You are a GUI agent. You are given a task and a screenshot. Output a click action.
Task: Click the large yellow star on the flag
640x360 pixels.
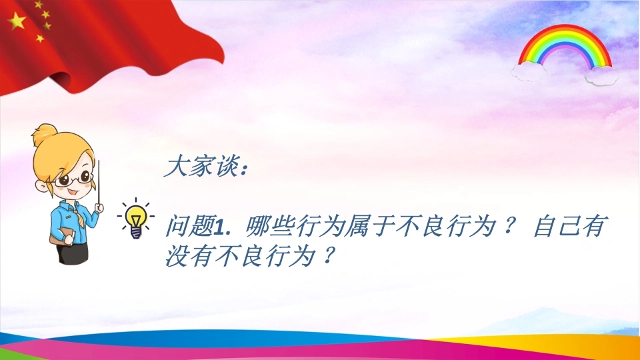[17, 21]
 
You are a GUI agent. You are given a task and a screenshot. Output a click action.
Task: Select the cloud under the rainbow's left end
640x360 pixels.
[529, 71]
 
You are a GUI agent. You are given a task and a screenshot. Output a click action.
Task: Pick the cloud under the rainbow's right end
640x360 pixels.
[601, 75]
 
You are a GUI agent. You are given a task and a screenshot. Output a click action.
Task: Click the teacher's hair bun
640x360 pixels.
[45, 135]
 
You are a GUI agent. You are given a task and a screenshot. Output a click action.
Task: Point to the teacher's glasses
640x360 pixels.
[73, 178]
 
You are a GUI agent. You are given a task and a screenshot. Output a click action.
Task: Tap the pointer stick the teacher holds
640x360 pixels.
[99, 182]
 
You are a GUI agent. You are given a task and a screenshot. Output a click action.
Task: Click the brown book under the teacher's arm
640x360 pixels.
[61, 237]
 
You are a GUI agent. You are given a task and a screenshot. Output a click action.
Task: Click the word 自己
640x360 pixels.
[558, 226]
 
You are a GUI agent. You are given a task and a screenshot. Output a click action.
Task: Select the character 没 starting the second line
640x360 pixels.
[177, 256]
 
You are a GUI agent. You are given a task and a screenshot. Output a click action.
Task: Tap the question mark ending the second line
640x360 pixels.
[328, 256]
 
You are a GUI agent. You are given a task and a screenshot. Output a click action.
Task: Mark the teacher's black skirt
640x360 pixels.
[72, 252]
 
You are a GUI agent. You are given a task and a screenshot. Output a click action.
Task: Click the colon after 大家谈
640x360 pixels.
[245, 168]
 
